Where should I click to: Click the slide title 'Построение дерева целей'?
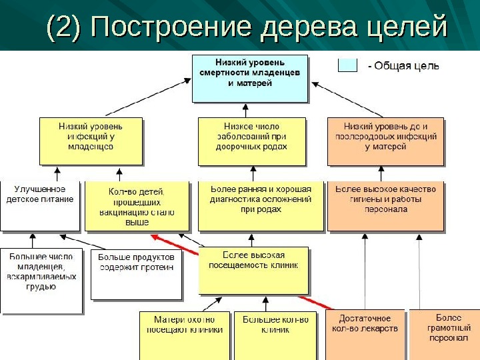coord(267,27)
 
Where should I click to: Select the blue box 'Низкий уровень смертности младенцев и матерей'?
coord(250,78)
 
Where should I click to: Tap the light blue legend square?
coord(347,65)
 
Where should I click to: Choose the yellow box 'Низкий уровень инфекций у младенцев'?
coord(91,141)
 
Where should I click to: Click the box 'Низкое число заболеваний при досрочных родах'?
coord(251,141)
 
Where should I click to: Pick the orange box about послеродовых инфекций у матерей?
coord(385,141)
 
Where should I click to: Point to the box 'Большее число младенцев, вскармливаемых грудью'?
coord(41,280)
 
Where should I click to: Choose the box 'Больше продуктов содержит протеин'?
coord(136,274)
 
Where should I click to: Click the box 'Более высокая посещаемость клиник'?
coord(254,270)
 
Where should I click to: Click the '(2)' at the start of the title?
coord(63,27)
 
